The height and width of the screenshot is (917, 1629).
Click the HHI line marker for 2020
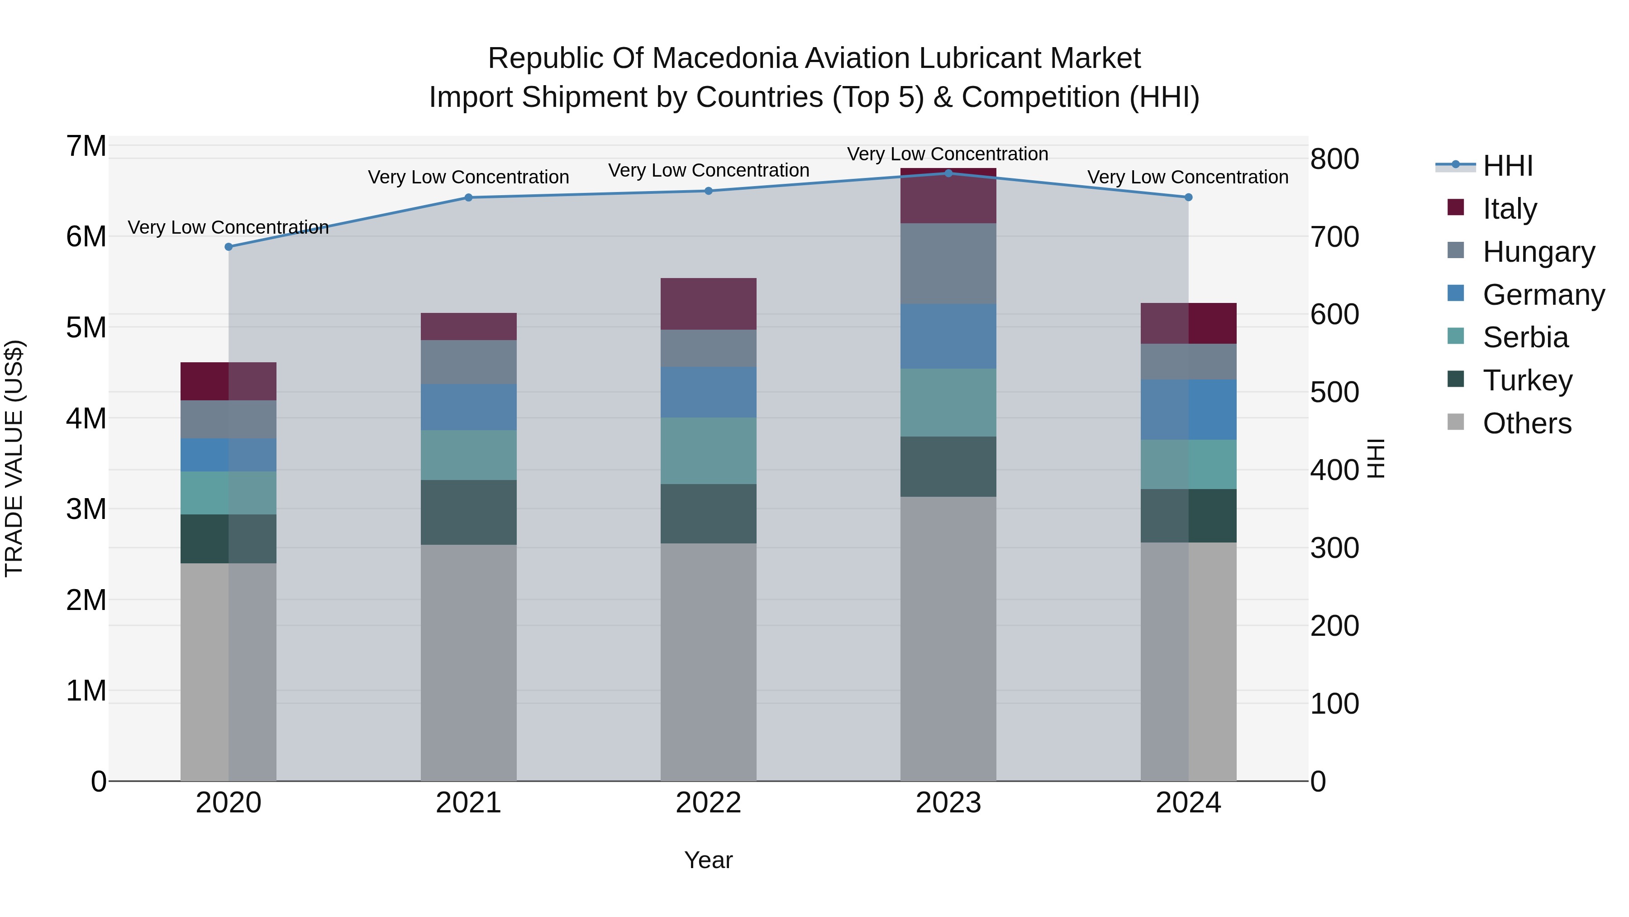click(x=229, y=247)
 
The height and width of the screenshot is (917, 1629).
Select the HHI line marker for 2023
click(x=948, y=173)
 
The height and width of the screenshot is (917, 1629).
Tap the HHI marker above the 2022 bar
click(x=708, y=191)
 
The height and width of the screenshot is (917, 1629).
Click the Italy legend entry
click(x=1509, y=209)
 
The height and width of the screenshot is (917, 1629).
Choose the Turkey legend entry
click(x=1527, y=380)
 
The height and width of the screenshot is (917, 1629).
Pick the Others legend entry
click(x=1527, y=423)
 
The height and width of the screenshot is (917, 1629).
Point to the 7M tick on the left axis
click(x=86, y=146)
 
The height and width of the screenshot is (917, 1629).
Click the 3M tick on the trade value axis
click(x=86, y=509)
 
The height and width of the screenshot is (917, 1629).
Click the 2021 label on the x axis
click(x=469, y=803)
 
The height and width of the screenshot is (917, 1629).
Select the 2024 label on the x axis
click(x=1188, y=803)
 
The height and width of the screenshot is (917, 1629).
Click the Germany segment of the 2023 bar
click(x=948, y=336)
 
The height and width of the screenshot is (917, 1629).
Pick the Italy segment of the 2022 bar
click(x=708, y=304)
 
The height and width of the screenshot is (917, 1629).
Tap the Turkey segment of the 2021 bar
click(x=469, y=512)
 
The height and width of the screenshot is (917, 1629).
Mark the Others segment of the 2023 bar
click(x=948, y=639)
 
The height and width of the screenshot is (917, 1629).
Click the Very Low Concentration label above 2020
click(x=229, y=227)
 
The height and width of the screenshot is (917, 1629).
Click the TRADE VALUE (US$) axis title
click(x=14, y=458)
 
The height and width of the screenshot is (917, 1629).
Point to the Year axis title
click(x=708, y=860)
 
